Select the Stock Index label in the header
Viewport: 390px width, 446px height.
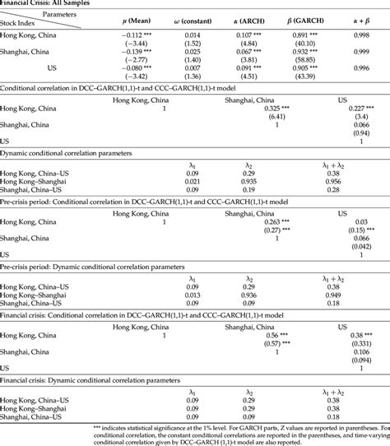point(24,24)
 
